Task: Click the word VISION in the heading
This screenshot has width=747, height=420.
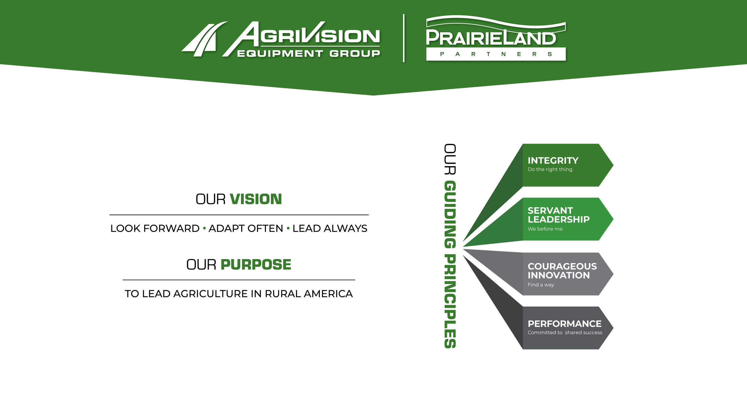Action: tap(256, 199)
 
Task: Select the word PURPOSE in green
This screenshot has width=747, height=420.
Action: tap(256, 264)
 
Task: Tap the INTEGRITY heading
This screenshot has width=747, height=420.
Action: tap(553, 160)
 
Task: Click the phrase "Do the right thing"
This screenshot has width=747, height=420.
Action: tap(550, 169)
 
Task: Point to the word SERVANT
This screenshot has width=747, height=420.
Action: tap(550, 210)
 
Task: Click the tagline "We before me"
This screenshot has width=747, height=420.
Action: tap(545, 229)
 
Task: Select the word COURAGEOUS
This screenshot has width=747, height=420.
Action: tap(562, 266)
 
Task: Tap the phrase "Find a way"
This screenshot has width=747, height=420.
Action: tap(541, 285)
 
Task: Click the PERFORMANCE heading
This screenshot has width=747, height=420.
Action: tap(564, 323)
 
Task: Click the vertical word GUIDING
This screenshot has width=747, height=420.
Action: tap(450, 214)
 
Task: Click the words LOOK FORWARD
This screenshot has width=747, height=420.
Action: tap(155, 228)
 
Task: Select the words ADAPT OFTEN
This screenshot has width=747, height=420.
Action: tap(246, 228)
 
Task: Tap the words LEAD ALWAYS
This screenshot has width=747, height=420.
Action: tap(330, 228)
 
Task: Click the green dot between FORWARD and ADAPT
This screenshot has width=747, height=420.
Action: tap(204, 228)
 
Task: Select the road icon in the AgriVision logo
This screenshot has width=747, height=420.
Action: tap(204, 39)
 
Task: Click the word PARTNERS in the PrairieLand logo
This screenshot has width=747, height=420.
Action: tap(496, 54)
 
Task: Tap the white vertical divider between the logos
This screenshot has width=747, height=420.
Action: tap(404, 38)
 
